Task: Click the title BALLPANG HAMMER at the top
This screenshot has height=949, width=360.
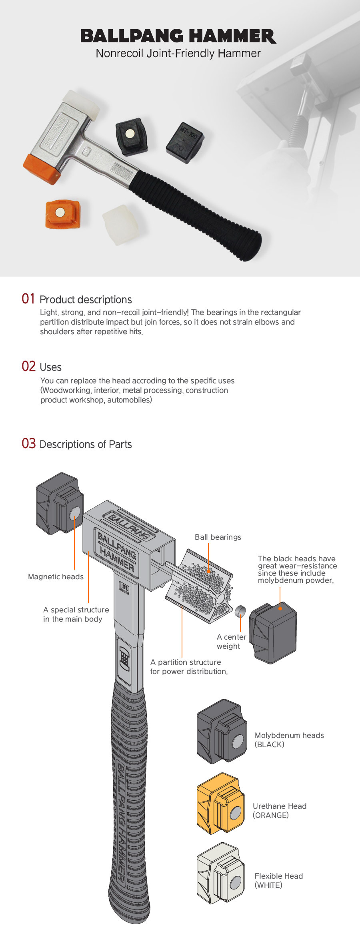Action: tap(178, 36)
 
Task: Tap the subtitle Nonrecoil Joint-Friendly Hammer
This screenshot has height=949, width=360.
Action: tap(178, 54)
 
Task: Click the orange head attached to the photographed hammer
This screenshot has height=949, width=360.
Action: tap(42, 169)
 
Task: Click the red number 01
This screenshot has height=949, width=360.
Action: tap(28, 299)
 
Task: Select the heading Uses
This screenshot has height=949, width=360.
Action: tap(50, 367)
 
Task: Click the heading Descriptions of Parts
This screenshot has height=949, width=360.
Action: tap(86, 444)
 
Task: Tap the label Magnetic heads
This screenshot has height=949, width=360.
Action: tap(56, 576)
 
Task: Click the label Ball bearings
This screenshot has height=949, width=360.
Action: tap(218, 537)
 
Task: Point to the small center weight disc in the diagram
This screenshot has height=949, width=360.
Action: tap(240, 610)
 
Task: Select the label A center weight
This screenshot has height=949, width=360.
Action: tap(231, 641)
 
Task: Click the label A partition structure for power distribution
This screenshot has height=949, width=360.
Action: tap(189, 667)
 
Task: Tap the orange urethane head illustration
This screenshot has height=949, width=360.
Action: tap(220, 803)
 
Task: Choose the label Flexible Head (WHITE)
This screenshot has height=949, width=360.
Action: tap(278, 880)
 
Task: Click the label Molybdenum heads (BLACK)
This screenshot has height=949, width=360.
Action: tap(289, 740)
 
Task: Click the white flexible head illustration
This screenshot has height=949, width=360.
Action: tap(220, 873)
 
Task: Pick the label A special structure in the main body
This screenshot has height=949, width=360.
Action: tap(76, 614)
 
